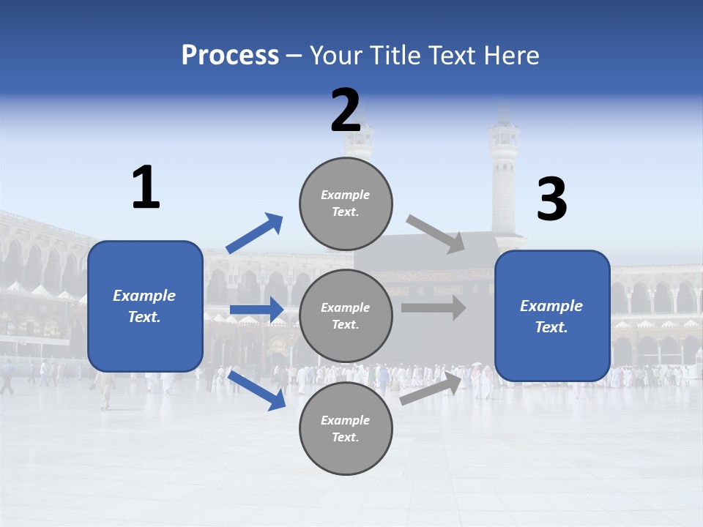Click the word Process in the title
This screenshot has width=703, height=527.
tap(230, 56)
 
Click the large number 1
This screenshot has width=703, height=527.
tap(146, 188)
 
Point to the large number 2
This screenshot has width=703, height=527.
tap(346, 111)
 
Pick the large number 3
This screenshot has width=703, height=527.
tap(551, 200)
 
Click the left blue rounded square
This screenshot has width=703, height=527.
tap(145, 306)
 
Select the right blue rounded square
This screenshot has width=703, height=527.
tap(552, 316)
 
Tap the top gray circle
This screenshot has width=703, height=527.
tap(346, 203)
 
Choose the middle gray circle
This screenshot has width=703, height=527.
tap(346, 315)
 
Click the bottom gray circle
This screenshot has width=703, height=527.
tap(346, 428)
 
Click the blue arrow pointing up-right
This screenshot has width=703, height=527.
tap(255, 233)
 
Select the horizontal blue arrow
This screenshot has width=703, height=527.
tap(256, 310)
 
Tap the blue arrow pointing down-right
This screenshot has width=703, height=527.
tap(257, 389)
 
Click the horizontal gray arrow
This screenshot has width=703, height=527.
tap(434, 307)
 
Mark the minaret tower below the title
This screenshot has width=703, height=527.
tap(504, 176)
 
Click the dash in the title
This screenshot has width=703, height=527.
tap(294, 56)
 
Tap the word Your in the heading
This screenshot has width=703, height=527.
tap(337, 56)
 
